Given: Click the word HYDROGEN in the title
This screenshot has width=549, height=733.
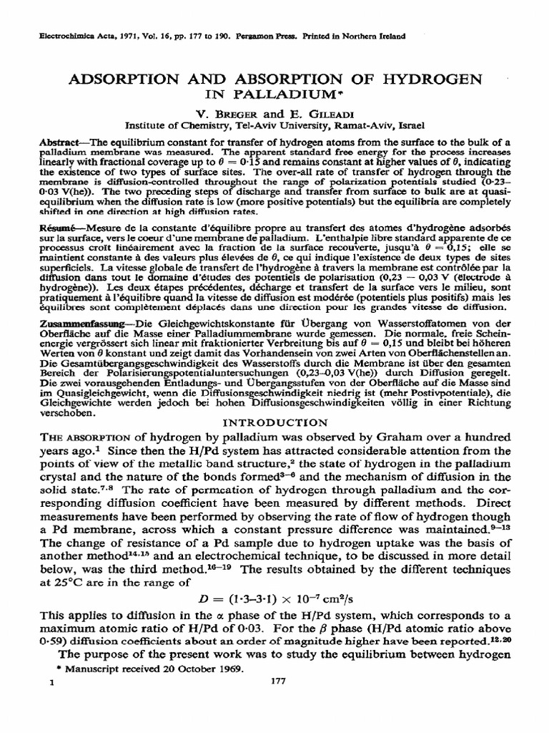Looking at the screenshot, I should (x=427, y=78).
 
